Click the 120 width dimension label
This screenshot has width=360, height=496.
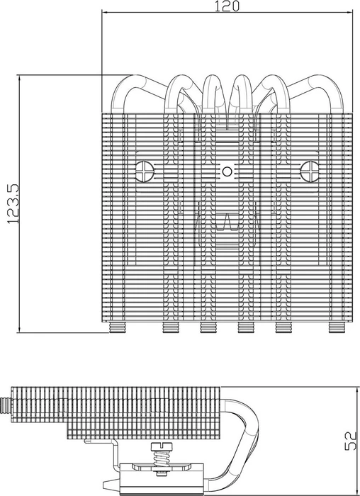[x=227, y=6]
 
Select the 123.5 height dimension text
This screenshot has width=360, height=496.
[x=13, y=204]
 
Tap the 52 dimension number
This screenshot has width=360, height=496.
[x=351, y=441]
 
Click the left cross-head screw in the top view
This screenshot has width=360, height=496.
[x=145, y=171]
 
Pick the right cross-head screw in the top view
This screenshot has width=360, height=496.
[x=310, y=171]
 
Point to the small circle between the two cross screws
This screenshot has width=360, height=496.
[x=227, y=171]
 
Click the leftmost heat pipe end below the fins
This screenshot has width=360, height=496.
[x=118, y=327]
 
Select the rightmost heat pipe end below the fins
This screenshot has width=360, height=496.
[x=337, y=327]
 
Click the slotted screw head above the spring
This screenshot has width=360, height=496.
[x=161, y=446]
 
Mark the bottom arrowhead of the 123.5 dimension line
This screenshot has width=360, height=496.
[x=20, y=329]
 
